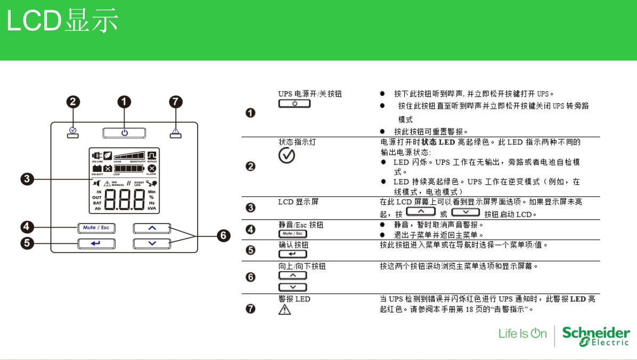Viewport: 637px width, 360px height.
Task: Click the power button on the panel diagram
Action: click(x=124, y=133)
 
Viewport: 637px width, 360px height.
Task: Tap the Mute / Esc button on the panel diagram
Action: click(x=96, y=227)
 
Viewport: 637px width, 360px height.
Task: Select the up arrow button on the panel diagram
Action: click(x=152, y=228)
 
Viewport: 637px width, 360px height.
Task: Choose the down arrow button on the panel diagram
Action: click(x=152, y=243)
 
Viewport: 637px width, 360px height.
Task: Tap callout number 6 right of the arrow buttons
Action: click(x=224, y=235)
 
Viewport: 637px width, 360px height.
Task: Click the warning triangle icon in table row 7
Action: click(x=285, y=309)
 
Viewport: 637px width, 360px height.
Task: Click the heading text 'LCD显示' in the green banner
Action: click(x=62, y=21)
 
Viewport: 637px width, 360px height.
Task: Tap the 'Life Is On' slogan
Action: click(x=522, y=334)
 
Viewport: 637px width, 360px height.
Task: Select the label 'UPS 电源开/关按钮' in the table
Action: click(x=309, y=94)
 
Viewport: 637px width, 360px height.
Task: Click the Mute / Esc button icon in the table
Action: click(x=293, y=234)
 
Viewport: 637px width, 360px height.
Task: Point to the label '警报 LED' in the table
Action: click(x=294, y=299)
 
